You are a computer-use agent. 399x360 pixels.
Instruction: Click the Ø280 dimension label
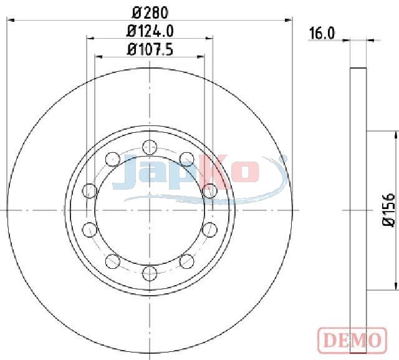click(x=150, y=12)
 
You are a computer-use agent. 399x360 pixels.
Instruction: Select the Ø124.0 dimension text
click(x=150, y=31)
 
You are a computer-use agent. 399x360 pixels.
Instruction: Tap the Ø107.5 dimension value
click(x=150, y=49)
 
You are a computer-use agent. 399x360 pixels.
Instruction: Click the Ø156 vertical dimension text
click(x=389, y=210)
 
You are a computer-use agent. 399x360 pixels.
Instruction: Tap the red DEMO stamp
click(x=352, y=340)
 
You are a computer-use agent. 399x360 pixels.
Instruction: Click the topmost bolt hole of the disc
click(x=150, y=147)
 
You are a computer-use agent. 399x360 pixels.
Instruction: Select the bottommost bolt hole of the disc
click(x=150, y=273)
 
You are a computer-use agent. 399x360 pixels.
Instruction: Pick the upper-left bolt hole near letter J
click(x=112, y=159)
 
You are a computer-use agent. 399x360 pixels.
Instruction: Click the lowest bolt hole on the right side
click(x=187, y=261)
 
